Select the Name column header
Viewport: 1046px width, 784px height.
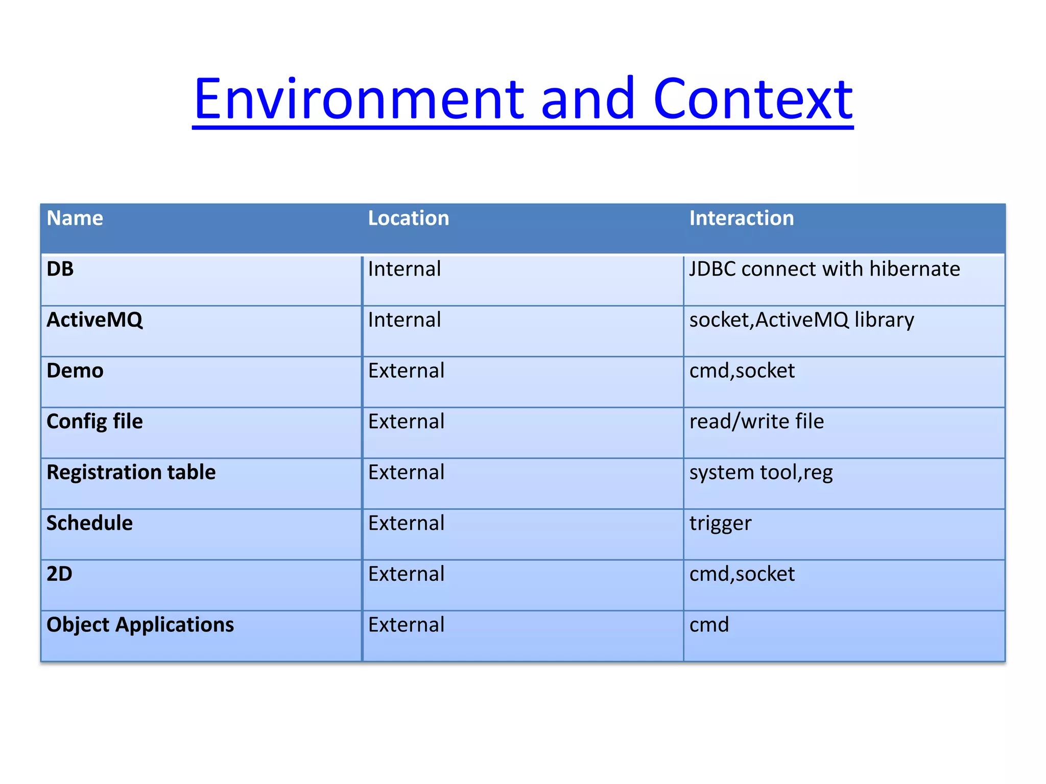[x=75, y=218]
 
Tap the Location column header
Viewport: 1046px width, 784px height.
[x=408, y=218]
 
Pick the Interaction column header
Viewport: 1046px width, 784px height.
[x=741, y=218]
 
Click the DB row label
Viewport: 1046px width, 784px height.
[x=60, y=269]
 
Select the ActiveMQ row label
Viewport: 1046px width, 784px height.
[x=94, y=320]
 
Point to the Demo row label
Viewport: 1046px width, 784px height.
[x=75, y=371]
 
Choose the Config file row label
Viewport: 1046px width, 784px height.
[x=94, y=422]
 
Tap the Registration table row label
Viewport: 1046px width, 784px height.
[x=131, y=472]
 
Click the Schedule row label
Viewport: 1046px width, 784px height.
[x=89, y=523]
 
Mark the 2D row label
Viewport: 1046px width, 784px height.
[x=59, y=574]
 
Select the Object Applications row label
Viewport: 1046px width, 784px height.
[x=140, y=625]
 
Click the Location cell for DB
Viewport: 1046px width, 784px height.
[x=404, y=269]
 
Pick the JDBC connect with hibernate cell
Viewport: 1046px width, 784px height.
[x=824, y=269]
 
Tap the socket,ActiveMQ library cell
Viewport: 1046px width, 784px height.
[x=801, y=320]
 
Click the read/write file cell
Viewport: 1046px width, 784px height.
[x=756, y=422]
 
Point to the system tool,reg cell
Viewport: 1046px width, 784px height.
[x=760, y=473]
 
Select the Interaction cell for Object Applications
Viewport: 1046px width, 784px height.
[x=709, y=625]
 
